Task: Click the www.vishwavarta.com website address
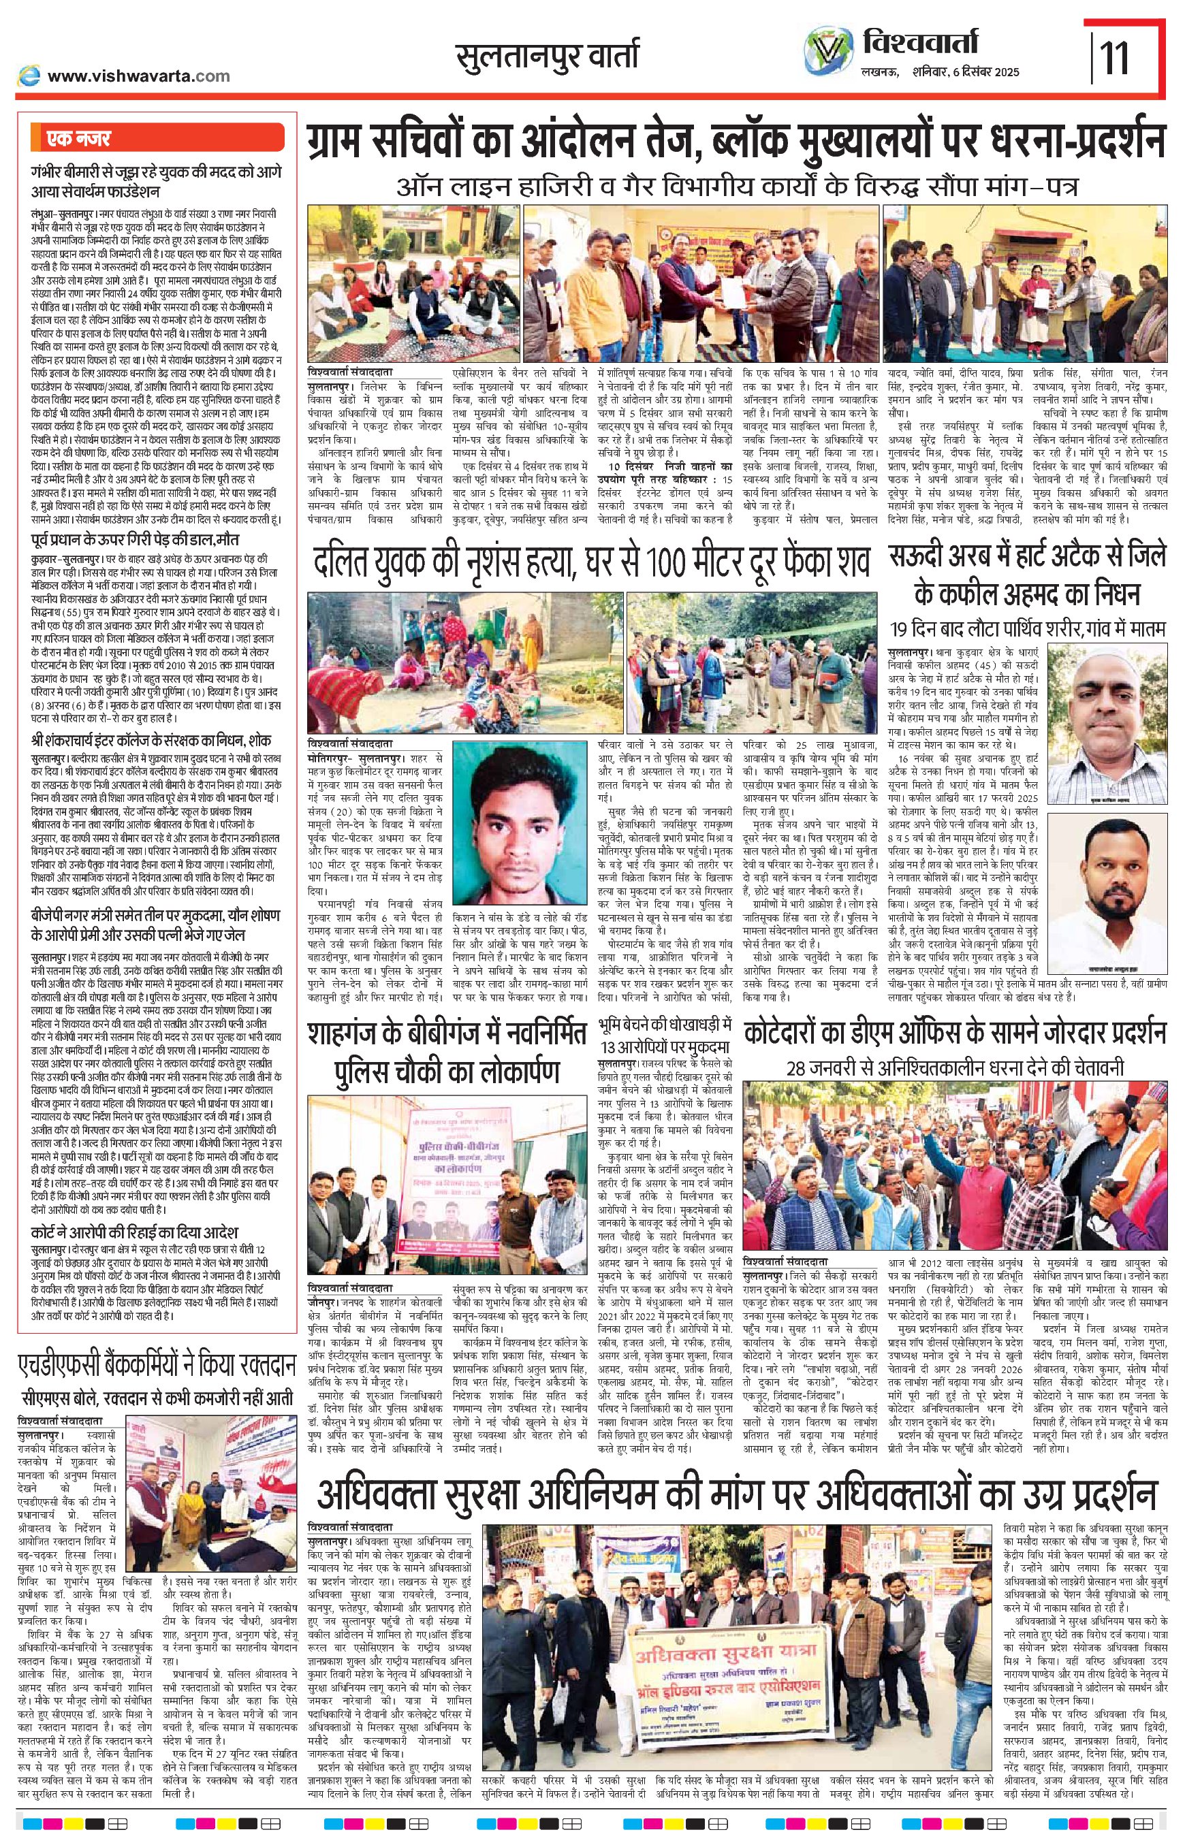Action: point(138,76)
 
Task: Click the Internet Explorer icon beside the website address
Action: point(29,76)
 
